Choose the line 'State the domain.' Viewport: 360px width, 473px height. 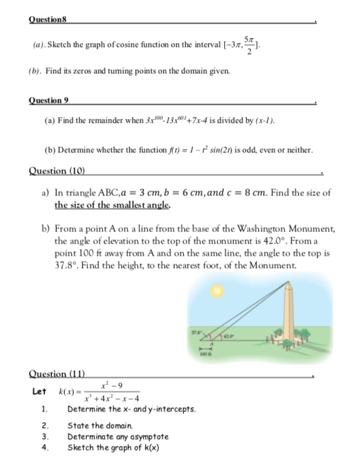point(100,426)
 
